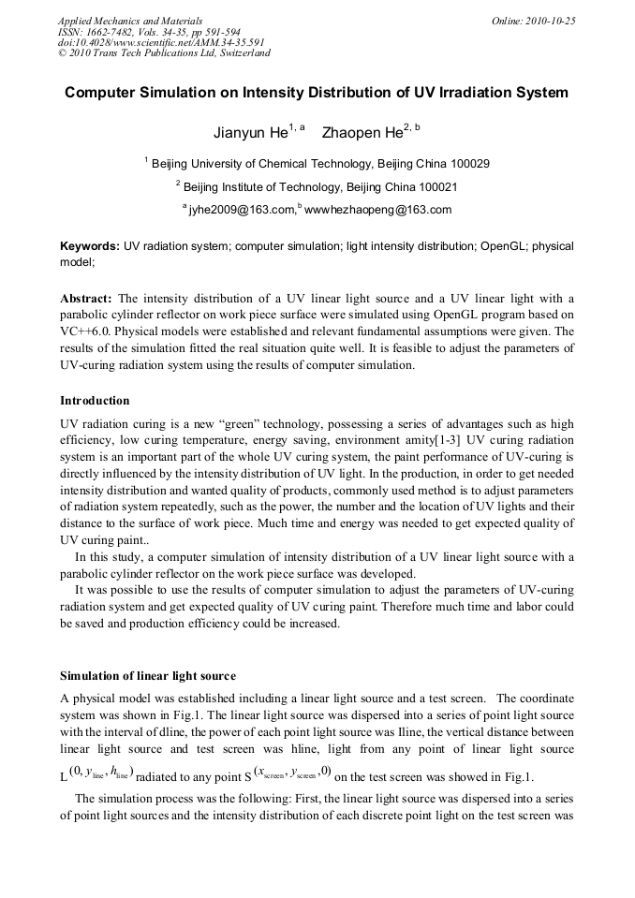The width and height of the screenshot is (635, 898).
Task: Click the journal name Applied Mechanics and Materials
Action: [x=130, y=21]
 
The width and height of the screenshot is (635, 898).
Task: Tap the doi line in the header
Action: [x=161, y=42]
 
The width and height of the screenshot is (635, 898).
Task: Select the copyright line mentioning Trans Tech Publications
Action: [x=164, y=53]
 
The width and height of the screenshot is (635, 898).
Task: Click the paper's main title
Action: [x=317, y=93]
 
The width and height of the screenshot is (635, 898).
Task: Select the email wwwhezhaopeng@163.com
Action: [x=377, y=210]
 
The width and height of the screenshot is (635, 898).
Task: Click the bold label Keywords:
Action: [x=90, y=246]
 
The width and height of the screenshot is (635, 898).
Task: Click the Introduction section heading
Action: [x=95, y=401]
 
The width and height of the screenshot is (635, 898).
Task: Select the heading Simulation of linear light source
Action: [x=148, y=675]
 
